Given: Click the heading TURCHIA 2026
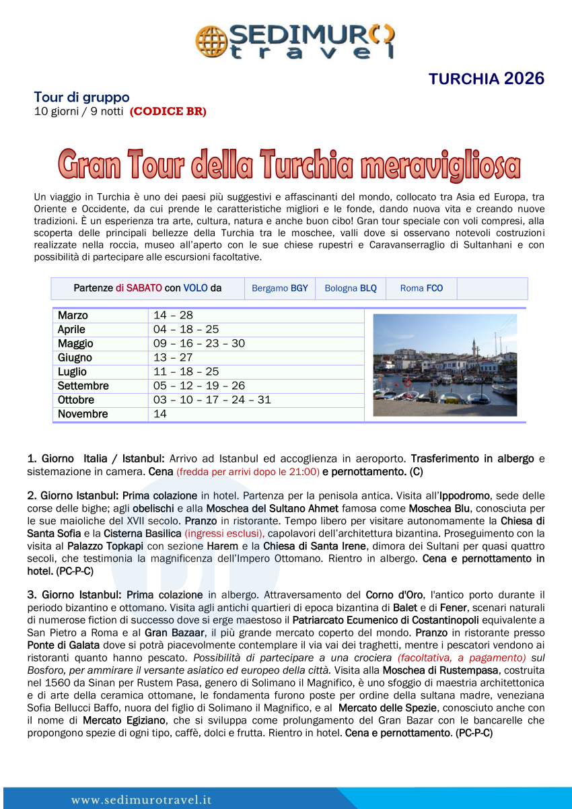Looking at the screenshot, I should click(x=486, y=79).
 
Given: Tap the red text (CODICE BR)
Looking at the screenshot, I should click(x=168, y=112).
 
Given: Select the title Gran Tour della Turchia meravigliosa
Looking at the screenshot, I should click(x=289, y=165).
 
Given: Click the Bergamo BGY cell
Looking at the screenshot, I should click(x=279, y=288).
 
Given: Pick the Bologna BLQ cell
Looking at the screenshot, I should click(x=351, y=288).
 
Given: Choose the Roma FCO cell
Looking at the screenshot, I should click(x=421, y=288).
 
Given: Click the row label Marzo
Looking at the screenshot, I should click(x=73, y=316).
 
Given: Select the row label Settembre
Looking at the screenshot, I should click(x=83, y=386).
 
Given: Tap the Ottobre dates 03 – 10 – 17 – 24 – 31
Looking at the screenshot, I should click(x=212, y=400).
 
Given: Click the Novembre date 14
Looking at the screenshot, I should click(x=160, y=414).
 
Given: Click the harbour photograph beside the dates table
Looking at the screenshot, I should click(x=445, y=365).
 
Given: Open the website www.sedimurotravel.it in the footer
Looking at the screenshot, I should click(x=141, y=800).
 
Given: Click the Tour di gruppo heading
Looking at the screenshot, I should click(x=81, y=97).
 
